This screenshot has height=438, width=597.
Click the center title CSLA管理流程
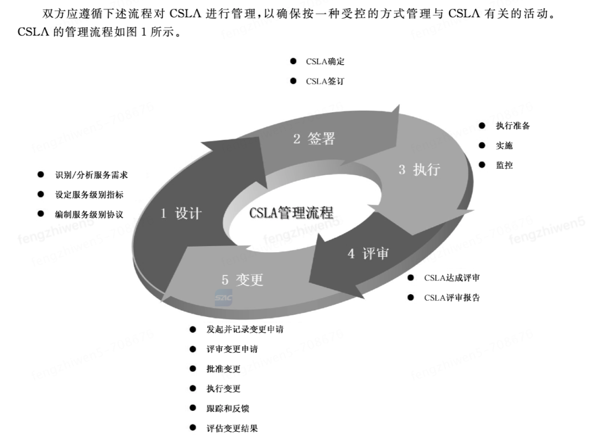click(x=291, y=213)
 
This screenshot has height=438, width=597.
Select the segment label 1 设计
click(x=181, y=213)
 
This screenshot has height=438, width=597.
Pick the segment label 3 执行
click(x=419, y=169)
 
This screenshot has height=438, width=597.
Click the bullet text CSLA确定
click(x=325, y=61)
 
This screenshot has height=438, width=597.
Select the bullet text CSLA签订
click(x=325, y=81)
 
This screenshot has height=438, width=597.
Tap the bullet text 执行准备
click(x=512, y=126)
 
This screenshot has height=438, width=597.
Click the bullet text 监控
click(x=504, y=165)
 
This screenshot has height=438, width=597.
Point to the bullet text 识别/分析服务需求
click(x=91, y=175)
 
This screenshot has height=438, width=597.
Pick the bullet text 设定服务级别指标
click(x=88, y=195)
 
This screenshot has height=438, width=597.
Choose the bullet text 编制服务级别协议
click(x=88, y=214)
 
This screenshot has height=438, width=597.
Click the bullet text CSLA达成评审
click(x=452, y=278)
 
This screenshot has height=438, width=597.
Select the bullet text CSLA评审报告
click(x=452, y=298)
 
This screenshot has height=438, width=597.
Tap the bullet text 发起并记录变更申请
click(x=244, y=330)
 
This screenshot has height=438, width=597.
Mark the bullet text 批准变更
click(x=223, y=369)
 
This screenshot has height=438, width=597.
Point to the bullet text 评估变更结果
click(x=232, y=428)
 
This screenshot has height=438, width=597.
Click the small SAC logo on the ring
click(x=224, y=299)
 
